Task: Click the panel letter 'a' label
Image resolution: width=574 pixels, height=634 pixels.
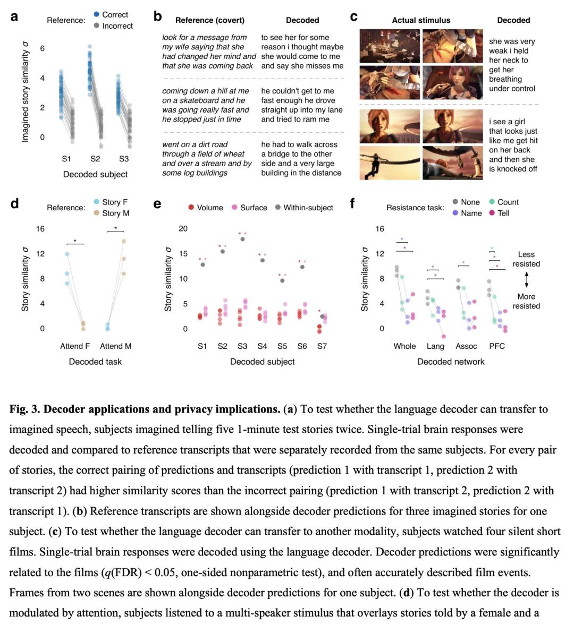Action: pyautogui.click(x=14, y=16)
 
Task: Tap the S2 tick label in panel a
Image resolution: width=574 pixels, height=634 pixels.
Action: pyautogui.click(x=95, y=159)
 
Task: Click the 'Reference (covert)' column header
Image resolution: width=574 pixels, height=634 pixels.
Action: pyautogui.click(x=210, y=20)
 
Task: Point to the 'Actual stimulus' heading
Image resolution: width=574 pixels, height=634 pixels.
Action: pyautogui.click(x=421, y=20)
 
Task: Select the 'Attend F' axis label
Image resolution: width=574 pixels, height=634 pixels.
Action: pyautogui.click(x=75, y=346)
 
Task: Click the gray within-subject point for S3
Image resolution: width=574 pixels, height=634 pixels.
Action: pyautogui.click(x=242, y=239)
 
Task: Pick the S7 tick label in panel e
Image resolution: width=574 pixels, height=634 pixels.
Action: pyautogui.click(x=322, y=346)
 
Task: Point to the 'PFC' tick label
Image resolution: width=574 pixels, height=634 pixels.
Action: pyautogui.click(x=497, y=346)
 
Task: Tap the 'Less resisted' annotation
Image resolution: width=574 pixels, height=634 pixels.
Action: pyautogui.click(x=526, y=259)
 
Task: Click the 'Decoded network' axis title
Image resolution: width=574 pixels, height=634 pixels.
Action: pyautogui.click(x=451, y=362)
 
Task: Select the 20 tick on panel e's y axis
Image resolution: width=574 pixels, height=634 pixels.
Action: pyautogui.click(x=183, y=228)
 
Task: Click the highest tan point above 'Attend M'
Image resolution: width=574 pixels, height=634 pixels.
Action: pyautogui.click(x=123, y=241)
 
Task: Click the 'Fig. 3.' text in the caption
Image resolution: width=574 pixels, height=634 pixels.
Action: pyautogui.click(x=24, y=409)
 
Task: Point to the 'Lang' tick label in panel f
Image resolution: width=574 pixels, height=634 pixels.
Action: pyautogui.click(x=435, y=346)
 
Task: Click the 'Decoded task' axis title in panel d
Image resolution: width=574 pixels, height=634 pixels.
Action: pyautogui.click(x=95, y=362)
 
